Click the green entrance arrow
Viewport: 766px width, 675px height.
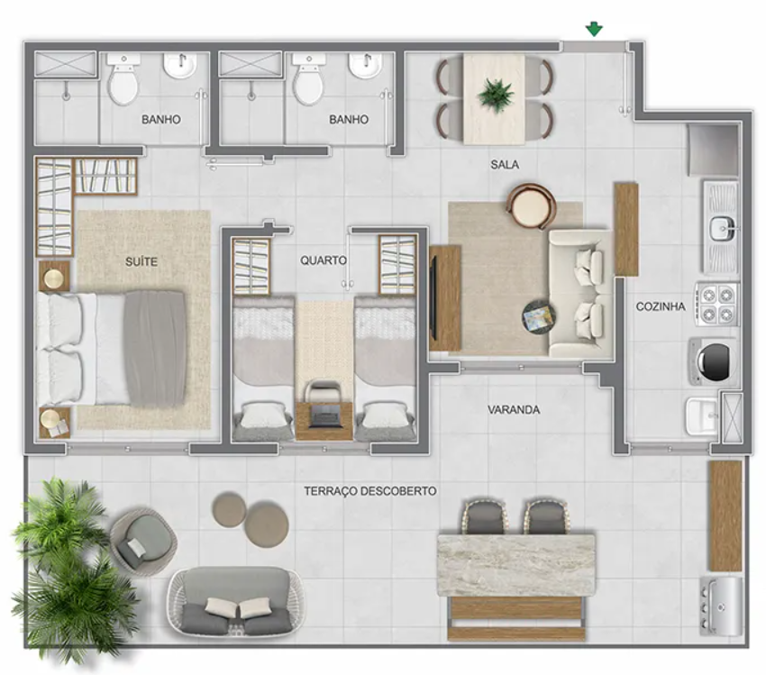pyautogui.click(x=594, y=30)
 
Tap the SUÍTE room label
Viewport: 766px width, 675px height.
pyautogui.click(x=141, y=261)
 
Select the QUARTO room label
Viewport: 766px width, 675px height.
pyautogui.click(x=323, y=260)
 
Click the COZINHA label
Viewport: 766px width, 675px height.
pyautogui.click(x=661, y=306)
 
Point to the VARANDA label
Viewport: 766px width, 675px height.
pyautogui.click(x=514, y=410)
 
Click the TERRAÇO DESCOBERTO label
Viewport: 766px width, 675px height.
pyautogui.click(x=370, y=491)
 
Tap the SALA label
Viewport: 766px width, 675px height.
pyautogui.click(x=505, y=165)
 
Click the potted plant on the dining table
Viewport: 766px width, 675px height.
pyautogui.click(x=496, y=96)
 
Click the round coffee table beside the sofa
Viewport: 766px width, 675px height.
pyautogui.click(x=539, y=316)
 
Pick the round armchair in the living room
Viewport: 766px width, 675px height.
pyautogui.click(x=532, y=205)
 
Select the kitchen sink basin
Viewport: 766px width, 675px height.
pyautogui.click(x=722, y=228)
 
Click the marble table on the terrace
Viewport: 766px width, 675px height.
pyautogui.click(x=516, y=565)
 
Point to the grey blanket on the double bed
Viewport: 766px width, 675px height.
pyautogui.click(x=155, y=349)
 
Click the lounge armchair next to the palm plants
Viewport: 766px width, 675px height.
pyautogui.click(x=142, y=538)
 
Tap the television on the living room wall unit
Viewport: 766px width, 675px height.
pyautogui.click(x=433, y=298)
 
